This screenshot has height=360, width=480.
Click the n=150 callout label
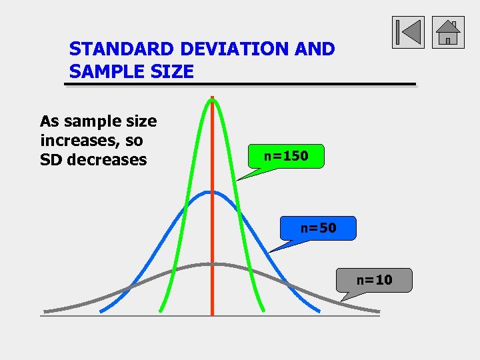286,156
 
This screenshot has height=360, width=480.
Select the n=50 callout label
318,228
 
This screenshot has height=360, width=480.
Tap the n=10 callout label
375,280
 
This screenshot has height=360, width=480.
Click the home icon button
448,32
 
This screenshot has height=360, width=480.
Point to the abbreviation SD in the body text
51,160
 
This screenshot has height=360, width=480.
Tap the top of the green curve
212,100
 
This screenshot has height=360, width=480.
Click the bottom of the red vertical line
212,314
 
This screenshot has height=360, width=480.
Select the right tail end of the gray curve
378,311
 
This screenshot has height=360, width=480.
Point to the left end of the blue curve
101,311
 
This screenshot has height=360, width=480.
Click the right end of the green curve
263,310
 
